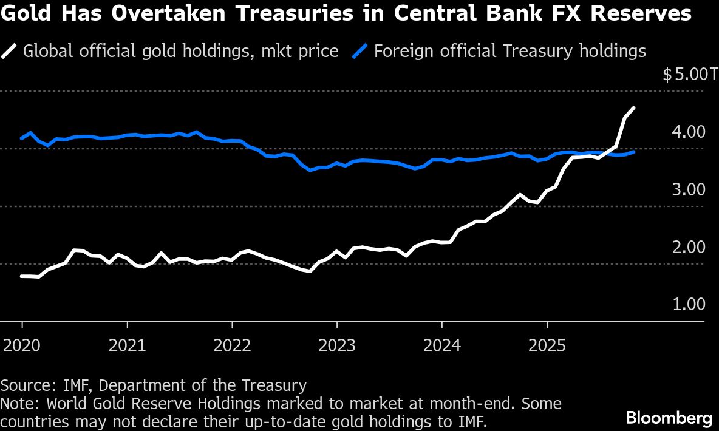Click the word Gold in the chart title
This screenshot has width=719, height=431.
click(x=24, y=13)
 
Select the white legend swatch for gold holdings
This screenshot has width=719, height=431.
click(x=10, y=50)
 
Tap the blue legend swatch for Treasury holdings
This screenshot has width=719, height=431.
click(x=361, y=50)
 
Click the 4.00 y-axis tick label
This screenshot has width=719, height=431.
click(x=689, y=132)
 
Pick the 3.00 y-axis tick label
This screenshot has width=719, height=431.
click(x=689, y=189)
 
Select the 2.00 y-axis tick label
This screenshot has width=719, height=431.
click(x=689, y=247)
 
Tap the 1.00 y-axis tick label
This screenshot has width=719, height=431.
click(x=689, y=304)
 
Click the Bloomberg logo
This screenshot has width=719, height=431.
click(x=669, y=418)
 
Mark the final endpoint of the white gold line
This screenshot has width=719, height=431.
click(x=634, y=108)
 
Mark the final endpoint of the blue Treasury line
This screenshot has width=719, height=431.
click(x=634, y=152)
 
